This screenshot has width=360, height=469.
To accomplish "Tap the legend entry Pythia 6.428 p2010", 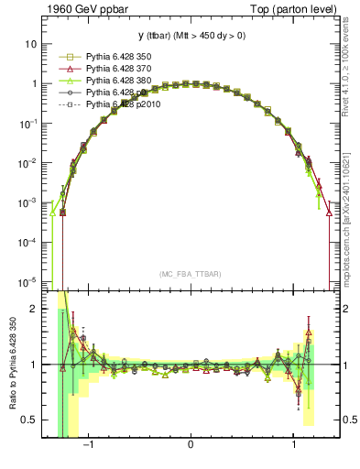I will click(x=123, y=104).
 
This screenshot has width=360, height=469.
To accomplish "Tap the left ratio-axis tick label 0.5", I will click(x=30, y=420).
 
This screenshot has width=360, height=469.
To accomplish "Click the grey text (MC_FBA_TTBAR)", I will click(x=190, y=274).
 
